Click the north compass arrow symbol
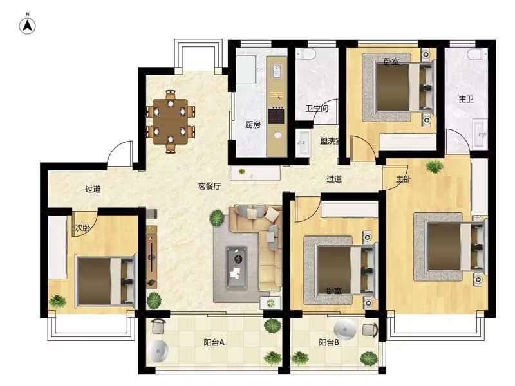28,26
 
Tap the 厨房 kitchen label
253,125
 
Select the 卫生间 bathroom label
317,108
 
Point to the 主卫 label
466,99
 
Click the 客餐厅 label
210,187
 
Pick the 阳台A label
214,342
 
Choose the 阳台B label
329,342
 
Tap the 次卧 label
82,228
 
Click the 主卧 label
403,179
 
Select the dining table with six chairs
171,122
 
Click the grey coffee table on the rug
236,268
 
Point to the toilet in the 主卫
478,54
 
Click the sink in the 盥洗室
303,142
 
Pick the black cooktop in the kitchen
276,116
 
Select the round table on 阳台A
158,351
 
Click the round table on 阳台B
345,329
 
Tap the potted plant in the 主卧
434,167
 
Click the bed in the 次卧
106,281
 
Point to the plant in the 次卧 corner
57,301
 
